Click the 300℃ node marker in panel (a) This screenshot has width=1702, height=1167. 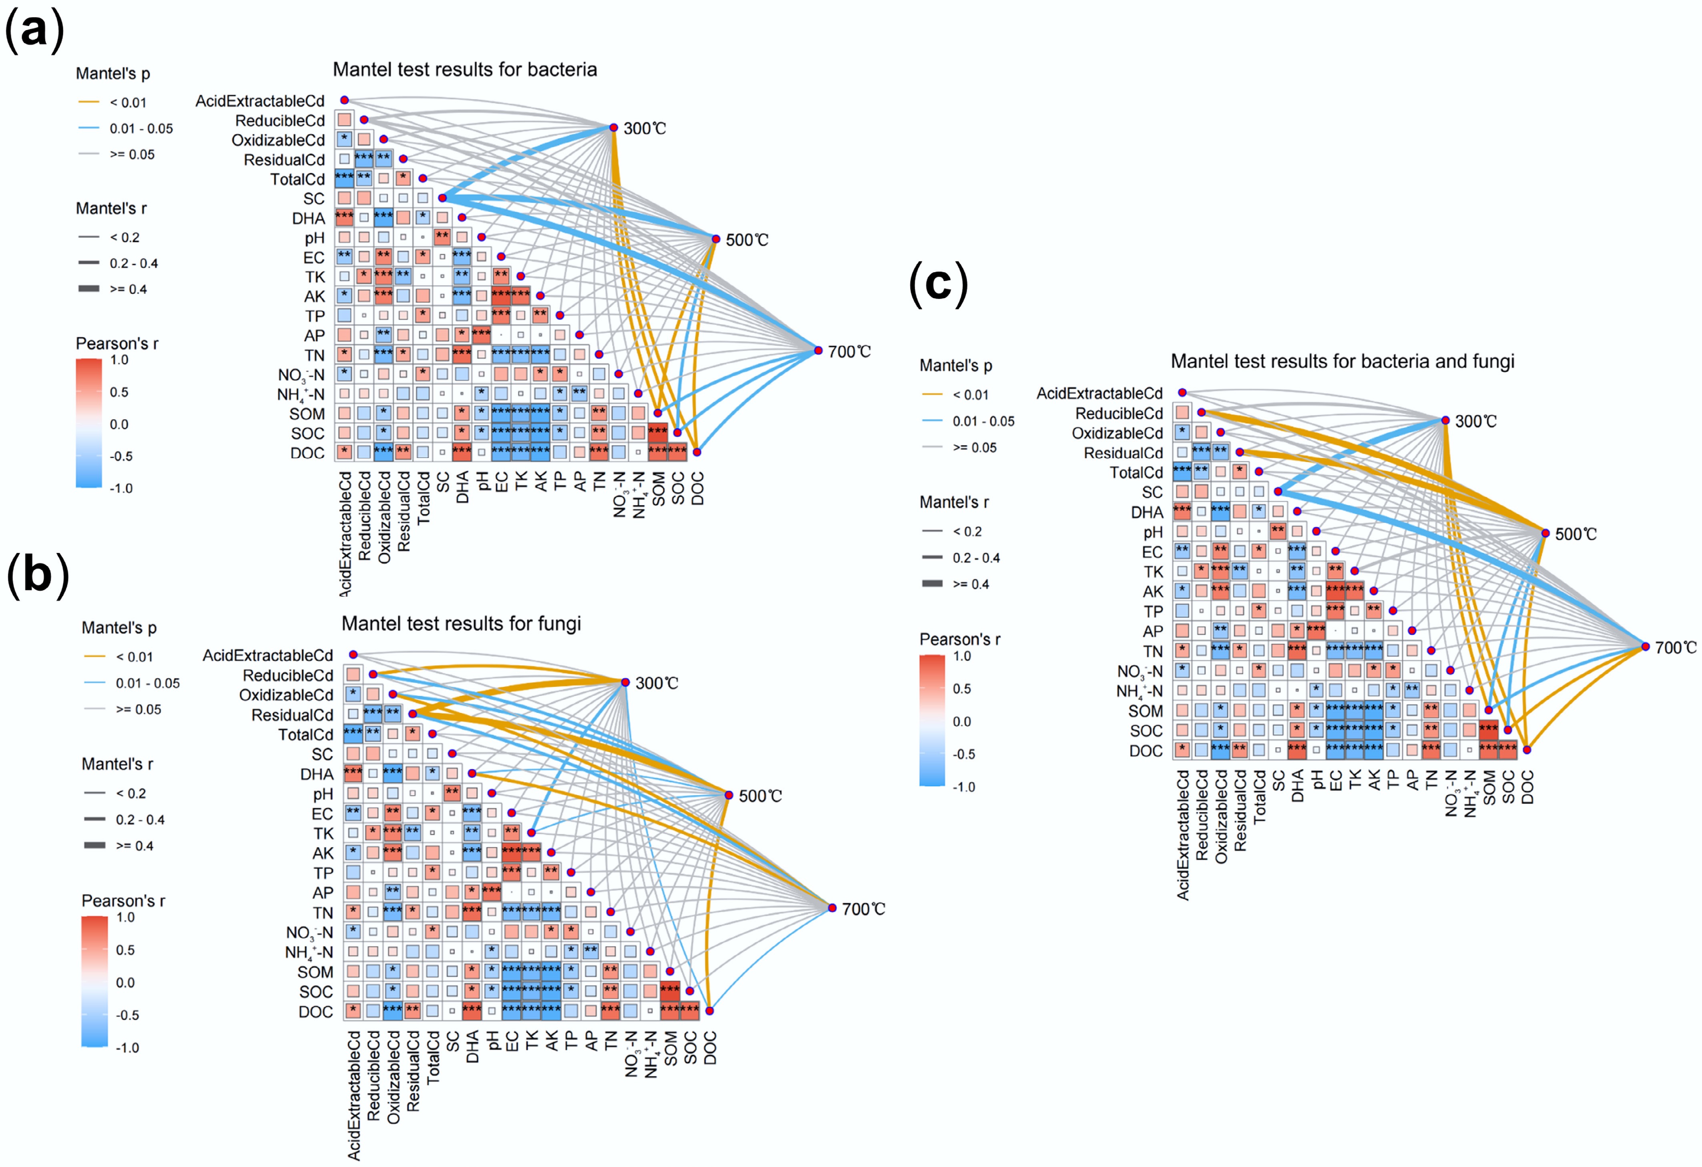coord(614,127)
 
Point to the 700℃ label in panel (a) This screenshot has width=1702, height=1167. coord(849,352)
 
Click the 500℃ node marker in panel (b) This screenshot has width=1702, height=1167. coord(729,795)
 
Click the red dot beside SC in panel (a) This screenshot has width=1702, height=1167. coord(442,198)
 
